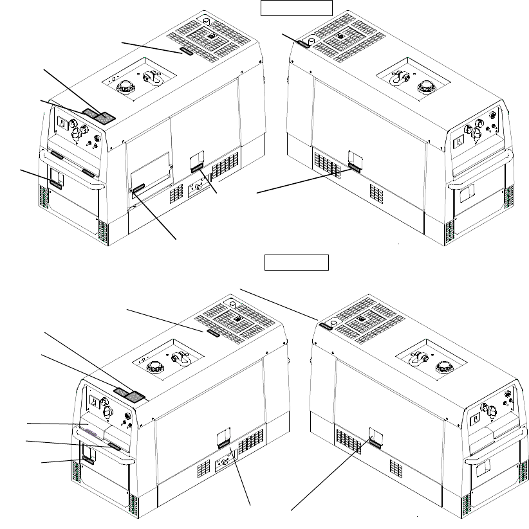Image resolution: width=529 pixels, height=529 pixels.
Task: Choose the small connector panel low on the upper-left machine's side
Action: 198,188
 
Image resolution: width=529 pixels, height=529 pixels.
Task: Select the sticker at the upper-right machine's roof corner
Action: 302,42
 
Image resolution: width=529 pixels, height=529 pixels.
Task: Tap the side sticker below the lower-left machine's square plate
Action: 223,444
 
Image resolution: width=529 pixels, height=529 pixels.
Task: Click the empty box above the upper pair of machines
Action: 296,8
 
